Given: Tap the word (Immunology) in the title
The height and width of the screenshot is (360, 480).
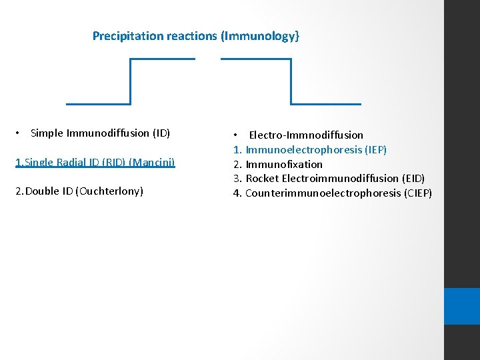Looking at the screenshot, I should coord(260,36).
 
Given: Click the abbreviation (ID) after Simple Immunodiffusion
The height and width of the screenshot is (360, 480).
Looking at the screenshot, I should coord(161,133).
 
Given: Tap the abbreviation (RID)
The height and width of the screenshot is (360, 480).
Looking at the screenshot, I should coord(113,162).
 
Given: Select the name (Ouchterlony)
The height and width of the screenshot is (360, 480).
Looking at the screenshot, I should coord(109,191).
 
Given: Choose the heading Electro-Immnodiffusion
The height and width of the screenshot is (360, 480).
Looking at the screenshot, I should coord(306,135).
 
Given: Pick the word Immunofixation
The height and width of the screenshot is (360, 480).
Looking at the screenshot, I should coord(284,164).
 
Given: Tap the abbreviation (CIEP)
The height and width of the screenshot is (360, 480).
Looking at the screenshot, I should coord(417,193).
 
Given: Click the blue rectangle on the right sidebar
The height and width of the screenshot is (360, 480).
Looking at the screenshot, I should coord(462,306).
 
